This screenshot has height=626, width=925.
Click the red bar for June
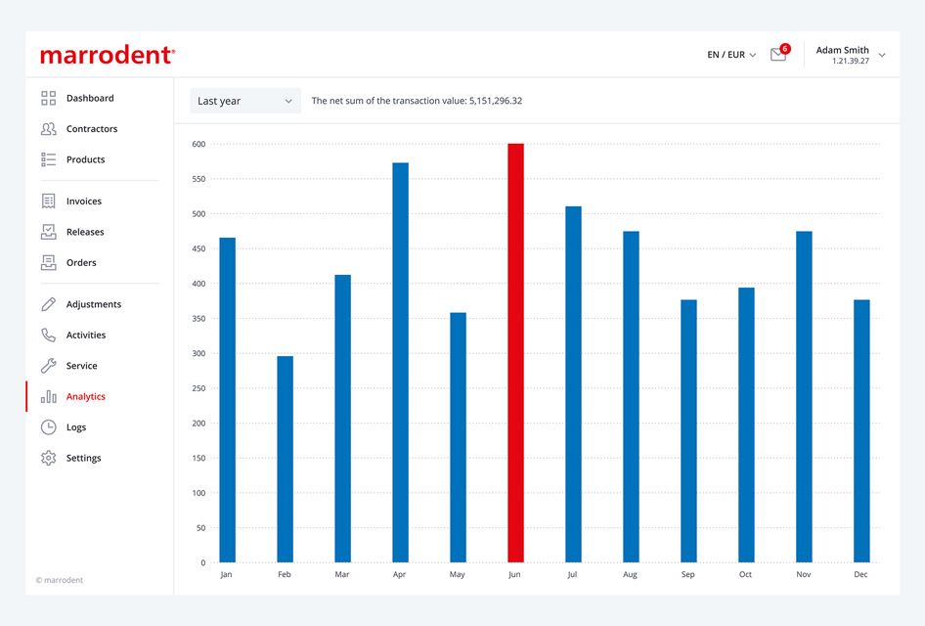[515, 353]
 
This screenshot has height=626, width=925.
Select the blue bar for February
[285, 459]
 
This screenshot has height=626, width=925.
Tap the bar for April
[401, 362]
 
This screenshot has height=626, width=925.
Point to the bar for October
[746, 425]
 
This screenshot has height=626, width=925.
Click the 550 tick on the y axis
[198, 179]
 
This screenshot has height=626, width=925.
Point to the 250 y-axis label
[198, 388]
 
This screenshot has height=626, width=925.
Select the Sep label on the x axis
[687, 574]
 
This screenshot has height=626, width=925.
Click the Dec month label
[860, 574]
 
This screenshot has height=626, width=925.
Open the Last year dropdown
[245, 101]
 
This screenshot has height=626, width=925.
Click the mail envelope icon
[778, 55]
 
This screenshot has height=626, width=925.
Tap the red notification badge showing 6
[785, 48]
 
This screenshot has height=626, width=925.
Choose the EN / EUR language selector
[731, 55]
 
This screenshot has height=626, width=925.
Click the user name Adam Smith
[843, 50]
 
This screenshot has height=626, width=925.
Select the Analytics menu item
[85, 396]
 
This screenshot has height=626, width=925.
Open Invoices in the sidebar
[84, 201]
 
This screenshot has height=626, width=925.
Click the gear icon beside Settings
[48, 458]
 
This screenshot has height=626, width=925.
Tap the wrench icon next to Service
[48, 366]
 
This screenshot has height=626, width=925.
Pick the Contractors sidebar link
[92, 128]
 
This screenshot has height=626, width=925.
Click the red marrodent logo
[108, 55]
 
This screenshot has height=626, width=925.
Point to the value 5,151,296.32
[496, 101]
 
